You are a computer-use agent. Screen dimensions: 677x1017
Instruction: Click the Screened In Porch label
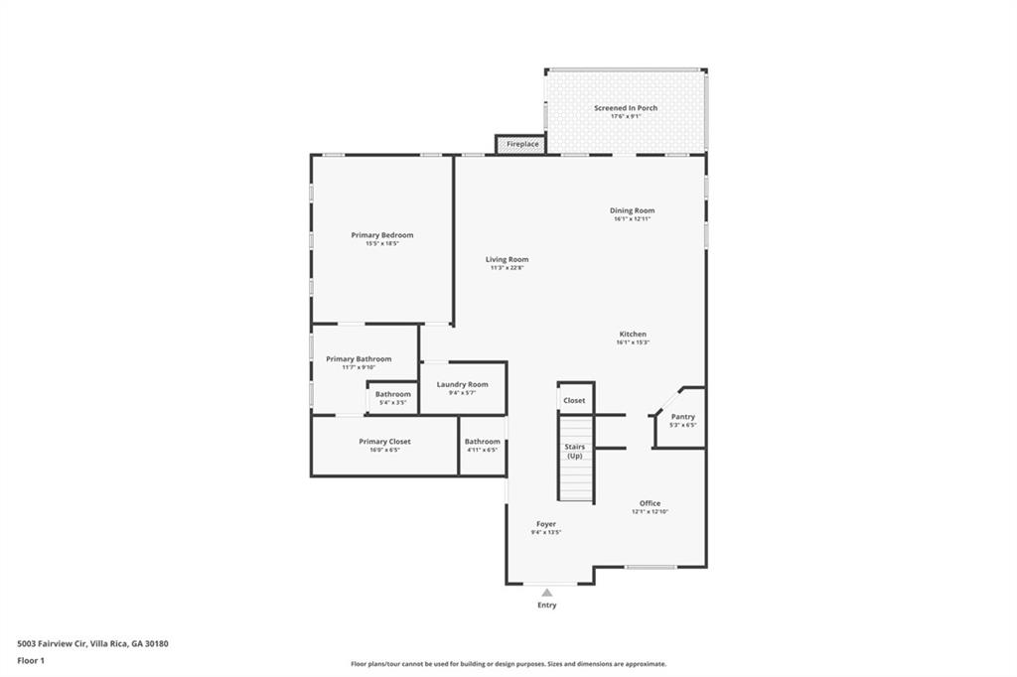(626, 107)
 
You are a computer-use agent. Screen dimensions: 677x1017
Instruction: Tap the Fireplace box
(522, 144)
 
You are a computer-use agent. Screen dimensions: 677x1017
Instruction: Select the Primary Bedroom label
(382, 235)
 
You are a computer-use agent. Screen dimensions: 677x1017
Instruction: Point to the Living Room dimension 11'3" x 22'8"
(507, 268)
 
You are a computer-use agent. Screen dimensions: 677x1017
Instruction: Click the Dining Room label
(632, 210)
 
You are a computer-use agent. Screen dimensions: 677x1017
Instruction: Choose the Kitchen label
(633, 335)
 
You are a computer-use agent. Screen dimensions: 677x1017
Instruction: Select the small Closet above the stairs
(574, 400)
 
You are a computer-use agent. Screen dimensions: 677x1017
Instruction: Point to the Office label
(650, 503)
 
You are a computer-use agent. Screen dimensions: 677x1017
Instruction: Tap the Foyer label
(546, 523)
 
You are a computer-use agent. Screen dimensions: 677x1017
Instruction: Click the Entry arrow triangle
(546, 593)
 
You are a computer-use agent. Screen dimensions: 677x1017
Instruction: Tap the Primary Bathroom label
(359, 358)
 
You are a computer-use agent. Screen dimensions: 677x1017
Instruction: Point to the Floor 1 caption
(32, 660)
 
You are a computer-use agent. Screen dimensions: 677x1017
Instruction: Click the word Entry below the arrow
(546, 605)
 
